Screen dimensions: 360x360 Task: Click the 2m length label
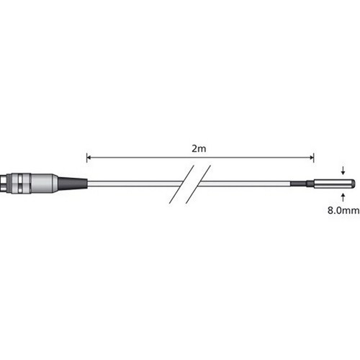click(x=199, y=148)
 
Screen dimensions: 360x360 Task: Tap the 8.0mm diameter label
click(x=343, y=210)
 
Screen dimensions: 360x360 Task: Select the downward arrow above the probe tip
click(x=343, y=170)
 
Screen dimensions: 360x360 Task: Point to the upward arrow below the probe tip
click(x=343, y=197)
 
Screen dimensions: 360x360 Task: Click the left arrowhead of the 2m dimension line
click(x=89, y=158)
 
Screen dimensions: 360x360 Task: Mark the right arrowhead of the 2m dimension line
click(x=312, y=158)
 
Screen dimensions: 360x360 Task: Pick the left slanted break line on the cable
click(x=181, y=184)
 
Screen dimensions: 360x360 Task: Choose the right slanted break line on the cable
click(x=198, y=184)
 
